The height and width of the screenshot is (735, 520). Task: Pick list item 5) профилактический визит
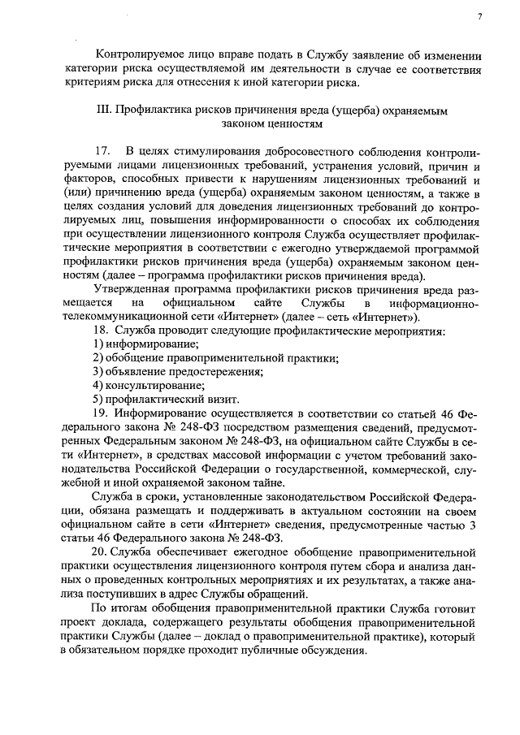point(166,400)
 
